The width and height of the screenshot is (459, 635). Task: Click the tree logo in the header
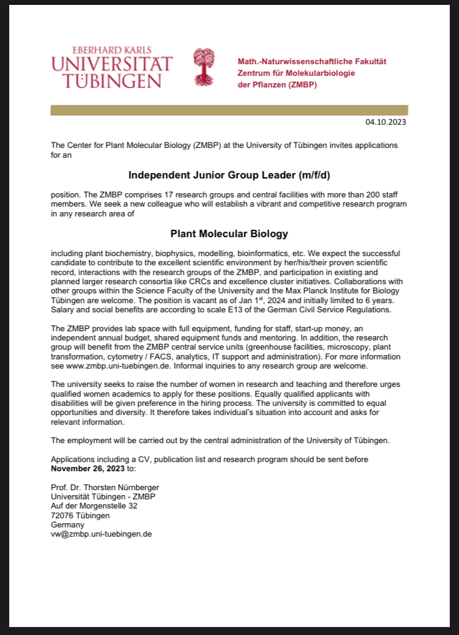204,67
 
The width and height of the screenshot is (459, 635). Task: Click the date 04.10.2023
386,122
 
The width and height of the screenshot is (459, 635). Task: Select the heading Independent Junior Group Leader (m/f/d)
229,176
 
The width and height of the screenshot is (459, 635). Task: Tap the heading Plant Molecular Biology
229,233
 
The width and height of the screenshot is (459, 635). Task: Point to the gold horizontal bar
229,110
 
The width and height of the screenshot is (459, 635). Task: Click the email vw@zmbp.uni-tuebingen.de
101,534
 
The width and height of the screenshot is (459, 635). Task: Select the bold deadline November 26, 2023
87,468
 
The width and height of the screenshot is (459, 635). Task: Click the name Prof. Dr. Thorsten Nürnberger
105,487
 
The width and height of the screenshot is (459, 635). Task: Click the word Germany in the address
68,524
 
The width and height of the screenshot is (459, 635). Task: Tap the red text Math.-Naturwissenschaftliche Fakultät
312,62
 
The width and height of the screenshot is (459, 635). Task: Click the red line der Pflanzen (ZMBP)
277,84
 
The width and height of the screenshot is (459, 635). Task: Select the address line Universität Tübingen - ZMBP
103,496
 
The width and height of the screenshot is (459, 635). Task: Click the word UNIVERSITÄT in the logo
112,64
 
